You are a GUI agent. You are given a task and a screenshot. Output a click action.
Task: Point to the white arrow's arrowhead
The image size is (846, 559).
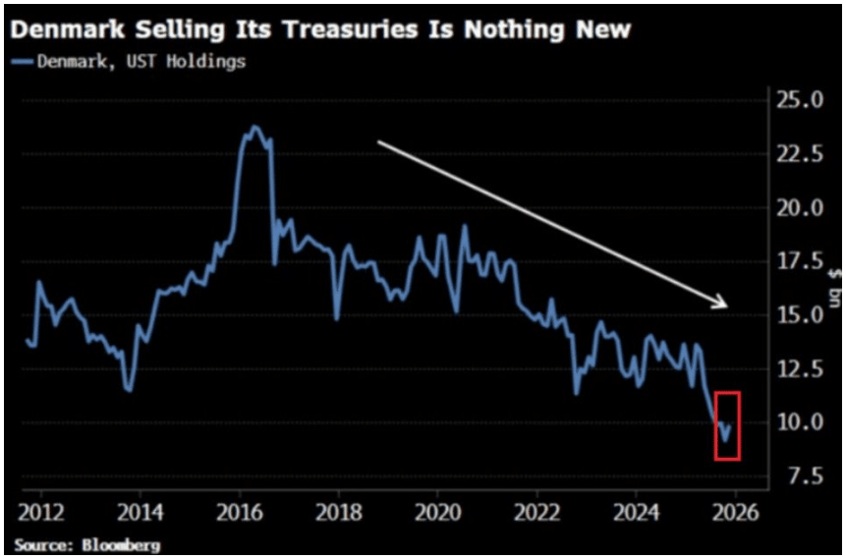(722, 304)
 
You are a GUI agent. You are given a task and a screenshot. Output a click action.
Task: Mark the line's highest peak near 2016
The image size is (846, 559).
(255, 127)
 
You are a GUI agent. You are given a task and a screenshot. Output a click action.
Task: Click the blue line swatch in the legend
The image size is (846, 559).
(22, 62)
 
